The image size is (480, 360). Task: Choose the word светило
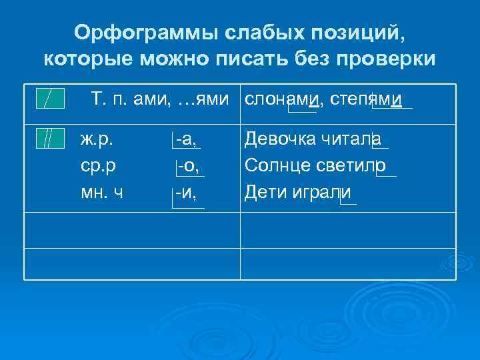click(x=354, y=164)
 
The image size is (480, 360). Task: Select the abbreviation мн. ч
click(x=101, y=193)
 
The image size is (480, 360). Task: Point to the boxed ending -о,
click(x=189, y=164)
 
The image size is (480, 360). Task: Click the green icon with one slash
click(x=51, y=99)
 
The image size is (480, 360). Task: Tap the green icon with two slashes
click(x=51, y=139)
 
